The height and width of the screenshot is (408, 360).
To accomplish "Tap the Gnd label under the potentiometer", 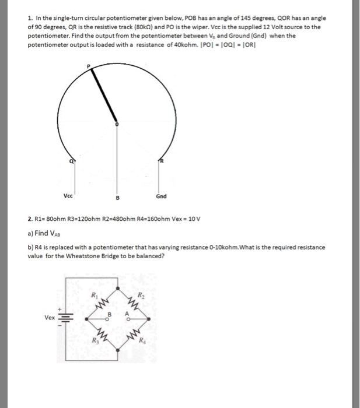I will click(162, 196).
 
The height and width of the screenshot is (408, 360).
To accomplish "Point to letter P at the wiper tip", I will click(89, 68).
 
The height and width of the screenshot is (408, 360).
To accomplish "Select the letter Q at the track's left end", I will click(71, 163).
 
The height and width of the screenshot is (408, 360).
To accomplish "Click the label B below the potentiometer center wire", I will click(117, 197).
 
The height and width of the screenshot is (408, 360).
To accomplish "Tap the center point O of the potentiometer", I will click(117, 124).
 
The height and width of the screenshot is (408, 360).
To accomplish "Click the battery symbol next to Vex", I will click(65, 319).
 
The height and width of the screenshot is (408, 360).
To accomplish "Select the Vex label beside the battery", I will click(50, 318).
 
